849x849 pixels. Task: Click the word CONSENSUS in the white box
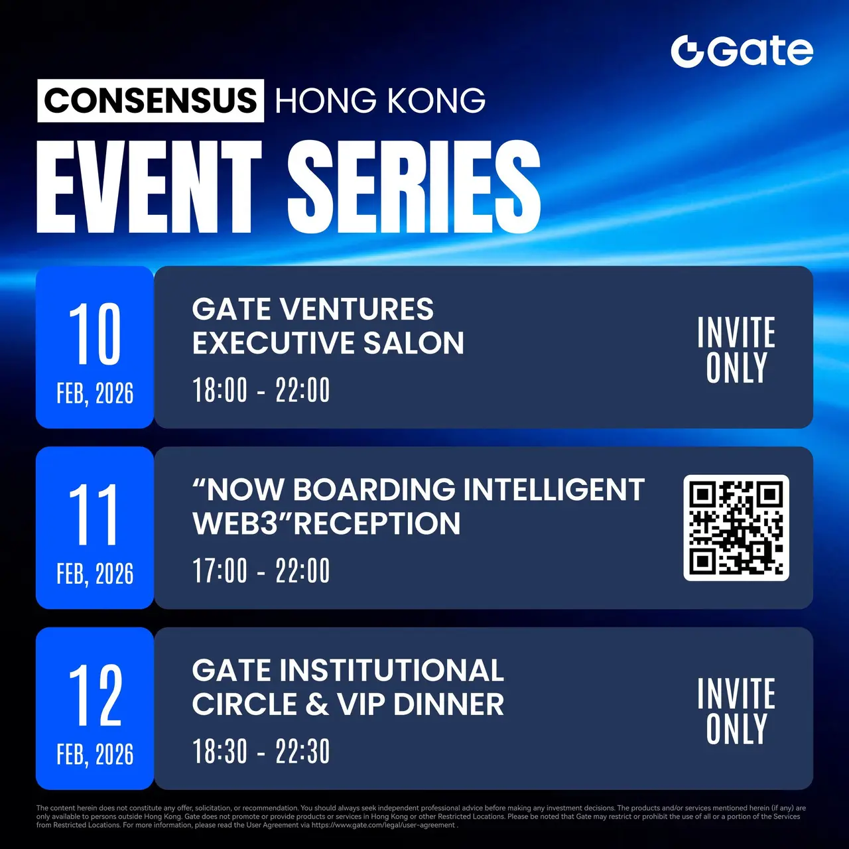click(x=151, y=100)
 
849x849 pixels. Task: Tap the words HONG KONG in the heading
click(x=380, y=101)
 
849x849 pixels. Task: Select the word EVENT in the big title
click(x=149, y=187)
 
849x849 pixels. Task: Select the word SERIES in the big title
click(x=414, y=187)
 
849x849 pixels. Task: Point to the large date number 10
click(x=95, y=334)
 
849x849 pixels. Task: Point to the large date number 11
click(x=94, y=514)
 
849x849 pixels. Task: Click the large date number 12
click(x=95, y=695)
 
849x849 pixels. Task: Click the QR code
click(x=736, y=527)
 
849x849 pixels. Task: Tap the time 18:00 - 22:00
click(x=261, y=390)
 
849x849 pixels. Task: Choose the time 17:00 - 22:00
click(x=261, y=570)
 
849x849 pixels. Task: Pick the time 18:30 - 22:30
click(x=261, y=751)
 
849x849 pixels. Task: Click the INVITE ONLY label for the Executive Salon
click(x=736, y=350)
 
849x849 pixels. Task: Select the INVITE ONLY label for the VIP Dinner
click(x=736, y=711)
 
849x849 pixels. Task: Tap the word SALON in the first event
click(x=414, y=343)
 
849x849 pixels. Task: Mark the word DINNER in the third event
click(x=448, y=704)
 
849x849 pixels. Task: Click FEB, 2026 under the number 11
click(x=95, y=574)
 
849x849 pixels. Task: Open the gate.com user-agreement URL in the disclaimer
click(x=383, y=824)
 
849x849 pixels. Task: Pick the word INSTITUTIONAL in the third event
click(x=392, y=670)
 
